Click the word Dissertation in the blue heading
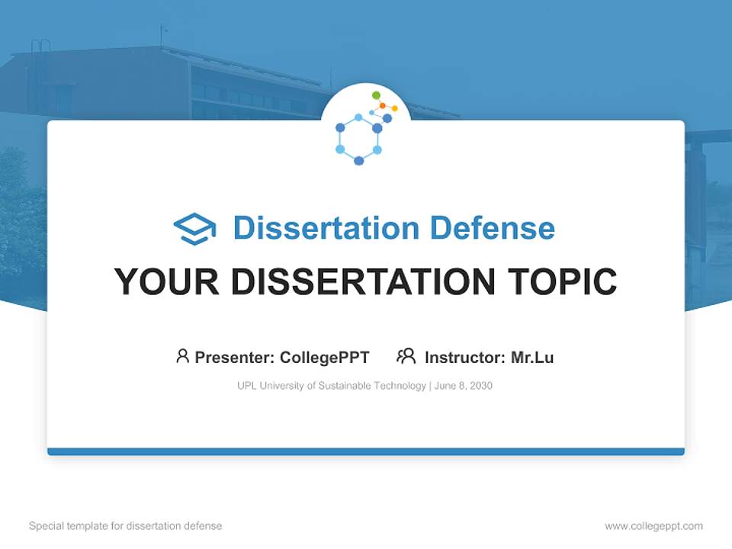pyautogui.click(x=326, y=228)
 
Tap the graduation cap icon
pyautogui.click(x=194, y=229)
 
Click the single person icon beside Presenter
pyautogui.click(x=182, y=356)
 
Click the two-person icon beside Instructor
pyautogui.click(x=406, y=356)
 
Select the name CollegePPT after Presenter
pyautogui.click(x=325, y=357)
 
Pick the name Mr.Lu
pyautogui.click(x=532, y=357)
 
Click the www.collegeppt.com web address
pyautogui.click(x=653, y=526)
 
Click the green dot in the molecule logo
pyautogui.click(x=376, y=95)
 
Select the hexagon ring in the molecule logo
pyautogui.click(x=358, y=139)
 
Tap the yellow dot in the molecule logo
pyautogui.click(x=394, y=108)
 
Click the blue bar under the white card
pyautogui.click(x=366, y=451)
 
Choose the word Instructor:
pyautogui.click(x=464, y=357)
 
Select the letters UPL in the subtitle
pyautogui.click(x=246, y=386)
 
